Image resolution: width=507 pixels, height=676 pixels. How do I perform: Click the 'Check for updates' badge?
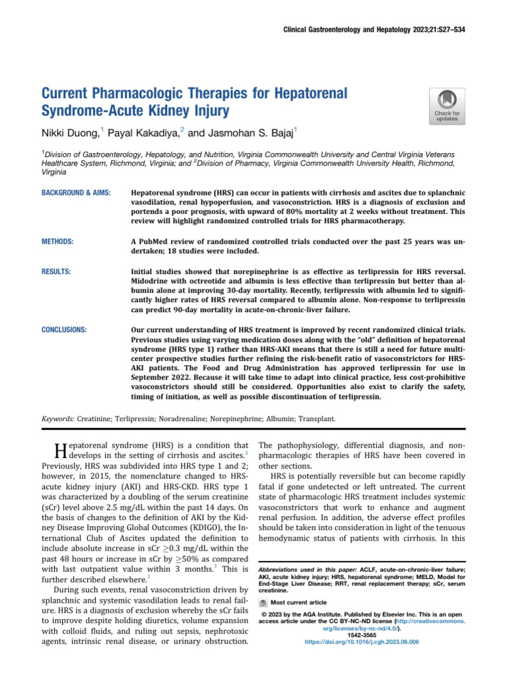[446, 106]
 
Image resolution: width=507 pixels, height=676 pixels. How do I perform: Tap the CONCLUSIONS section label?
[64, 328]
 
